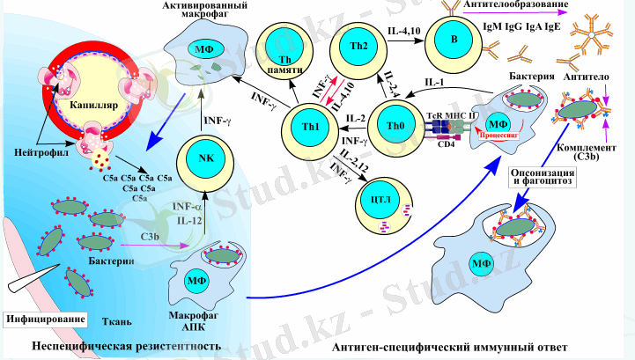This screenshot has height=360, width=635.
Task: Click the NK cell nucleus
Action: coord(204,158)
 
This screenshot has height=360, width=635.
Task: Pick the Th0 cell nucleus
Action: coord(395,126)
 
